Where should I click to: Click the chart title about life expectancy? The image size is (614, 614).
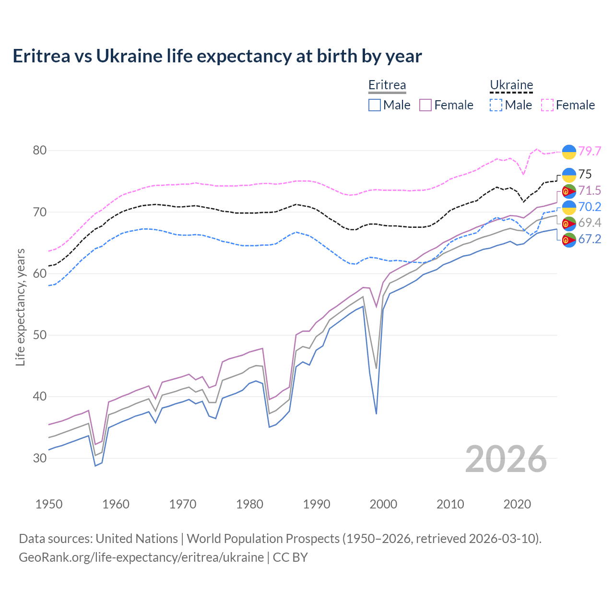pos(217,56)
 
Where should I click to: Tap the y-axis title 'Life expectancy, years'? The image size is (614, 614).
pos(21,307)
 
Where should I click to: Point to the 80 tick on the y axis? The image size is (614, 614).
pos(40,151)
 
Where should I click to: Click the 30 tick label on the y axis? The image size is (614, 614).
pos(40,458)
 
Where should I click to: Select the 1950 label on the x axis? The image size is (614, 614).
pos(49,504)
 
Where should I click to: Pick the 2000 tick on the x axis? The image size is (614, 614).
pos(383,504)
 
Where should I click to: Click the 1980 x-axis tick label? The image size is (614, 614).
pos(249,504)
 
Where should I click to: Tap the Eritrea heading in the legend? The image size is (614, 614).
pos(387,85)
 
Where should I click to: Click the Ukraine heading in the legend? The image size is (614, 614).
pos(511,85)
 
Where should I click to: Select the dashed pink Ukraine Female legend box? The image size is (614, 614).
pos(547,105)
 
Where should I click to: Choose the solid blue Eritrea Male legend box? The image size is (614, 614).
pos(375,105)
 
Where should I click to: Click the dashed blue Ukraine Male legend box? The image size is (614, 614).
pos(496,105)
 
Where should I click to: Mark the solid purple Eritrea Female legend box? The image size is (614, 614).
pos(425,105)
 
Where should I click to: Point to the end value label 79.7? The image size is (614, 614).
pos(590,151)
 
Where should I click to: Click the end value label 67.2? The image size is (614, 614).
pos(590,239)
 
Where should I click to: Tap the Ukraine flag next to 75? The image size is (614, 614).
pos(569,175)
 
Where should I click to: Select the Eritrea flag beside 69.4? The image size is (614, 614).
pos(569,224)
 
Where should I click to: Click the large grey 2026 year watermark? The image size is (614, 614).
pos(506,459)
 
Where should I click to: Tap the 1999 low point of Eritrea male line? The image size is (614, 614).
pos(377,413)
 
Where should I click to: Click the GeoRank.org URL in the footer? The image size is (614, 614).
pos(141,557)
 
